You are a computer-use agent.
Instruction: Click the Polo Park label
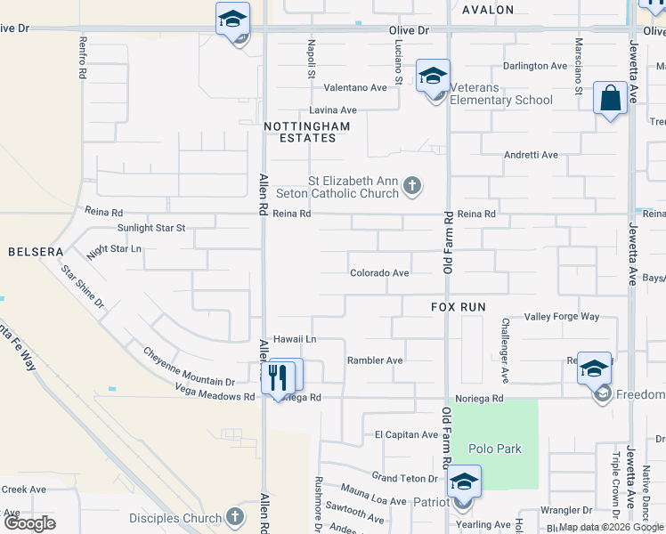point(497,449)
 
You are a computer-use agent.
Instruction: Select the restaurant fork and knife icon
point(278,376)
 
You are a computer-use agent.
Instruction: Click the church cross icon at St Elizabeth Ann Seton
point(411,186)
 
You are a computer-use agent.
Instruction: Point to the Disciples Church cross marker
point(234,517)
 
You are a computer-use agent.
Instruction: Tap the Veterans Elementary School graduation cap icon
point(433,77)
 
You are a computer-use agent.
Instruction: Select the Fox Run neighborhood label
point(459,306)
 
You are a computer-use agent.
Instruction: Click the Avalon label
point(488,10)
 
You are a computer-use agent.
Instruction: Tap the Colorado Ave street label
point(379,273)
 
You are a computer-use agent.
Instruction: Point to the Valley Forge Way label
point(562,317)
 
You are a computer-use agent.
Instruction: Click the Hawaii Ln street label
point(295,339)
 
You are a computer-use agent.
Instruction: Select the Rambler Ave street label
point(375,360)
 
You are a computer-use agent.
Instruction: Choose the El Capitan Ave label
point(406,435)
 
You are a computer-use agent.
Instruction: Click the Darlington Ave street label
point(534,66)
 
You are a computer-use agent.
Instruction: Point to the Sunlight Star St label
point(151,228)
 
